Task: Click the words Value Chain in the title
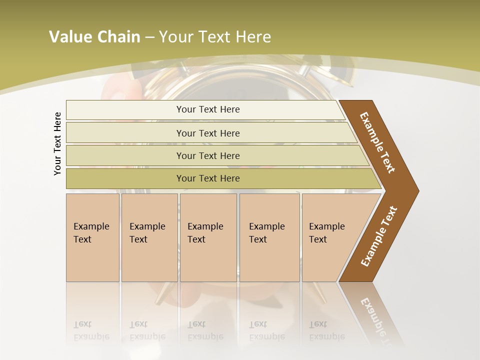pyautogui.click(x=94, y=37)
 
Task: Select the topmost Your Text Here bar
pyautogui.click(x=207, y=109)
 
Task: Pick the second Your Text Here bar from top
pyautogui.click(x=207, y=133)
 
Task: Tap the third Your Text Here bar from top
pyautogui.click(x=207, y=155)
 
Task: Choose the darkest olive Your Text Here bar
pyautogui.click(x=207, y=178)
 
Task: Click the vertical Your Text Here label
pyautogui.click(x=57, y=143)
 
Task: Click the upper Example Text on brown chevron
pyautogui.click(x=377, y=142)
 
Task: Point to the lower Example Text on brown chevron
pyautogui.click(x=379, y=236)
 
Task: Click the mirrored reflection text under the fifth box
pyautogui.click(x=326, y=330)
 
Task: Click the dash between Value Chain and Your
pyautogui.click(x=149, y=37)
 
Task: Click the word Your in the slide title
pyautogui.click(x=174, y=37)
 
